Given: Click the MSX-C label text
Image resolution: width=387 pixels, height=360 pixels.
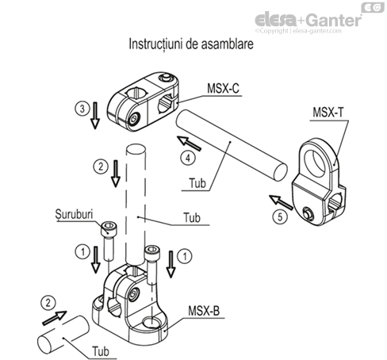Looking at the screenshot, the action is pos(223,88).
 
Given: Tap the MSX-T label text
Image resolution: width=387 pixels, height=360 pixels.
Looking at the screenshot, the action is pos(328,112).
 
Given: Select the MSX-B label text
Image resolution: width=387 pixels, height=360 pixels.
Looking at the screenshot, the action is pos(204,311).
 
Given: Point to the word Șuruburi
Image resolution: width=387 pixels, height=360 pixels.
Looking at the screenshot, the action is pos(75,214).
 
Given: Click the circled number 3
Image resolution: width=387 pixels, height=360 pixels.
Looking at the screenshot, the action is pos(82,109).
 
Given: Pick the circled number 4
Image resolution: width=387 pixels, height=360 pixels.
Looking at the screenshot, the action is pos(188,158).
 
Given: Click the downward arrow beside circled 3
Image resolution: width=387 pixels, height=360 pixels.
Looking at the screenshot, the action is pos(95,116).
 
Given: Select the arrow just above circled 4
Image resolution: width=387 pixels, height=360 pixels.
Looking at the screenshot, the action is pos(189,143).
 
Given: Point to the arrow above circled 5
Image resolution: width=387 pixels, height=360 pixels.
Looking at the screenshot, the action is pos(281,202).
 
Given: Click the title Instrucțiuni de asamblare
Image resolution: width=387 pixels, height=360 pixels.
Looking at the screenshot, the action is pos(191,44).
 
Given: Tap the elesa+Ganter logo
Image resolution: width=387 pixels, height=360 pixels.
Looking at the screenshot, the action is pos(308,20).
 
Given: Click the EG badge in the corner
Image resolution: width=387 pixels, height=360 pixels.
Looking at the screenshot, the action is pos(373,7).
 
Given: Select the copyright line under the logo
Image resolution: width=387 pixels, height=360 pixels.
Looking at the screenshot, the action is pos(298,31).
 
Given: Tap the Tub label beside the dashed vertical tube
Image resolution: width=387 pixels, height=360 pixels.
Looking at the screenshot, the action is pos(192,217).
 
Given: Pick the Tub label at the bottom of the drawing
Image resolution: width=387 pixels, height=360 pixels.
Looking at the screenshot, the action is pos(101,351).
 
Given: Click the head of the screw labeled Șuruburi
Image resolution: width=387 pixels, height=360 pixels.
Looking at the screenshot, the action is pos(109,228).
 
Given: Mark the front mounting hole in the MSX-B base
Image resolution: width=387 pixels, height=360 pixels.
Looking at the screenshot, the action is pos(151,322).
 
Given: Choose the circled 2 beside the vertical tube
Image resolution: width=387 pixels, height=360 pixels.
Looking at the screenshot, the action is pos(101,167).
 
